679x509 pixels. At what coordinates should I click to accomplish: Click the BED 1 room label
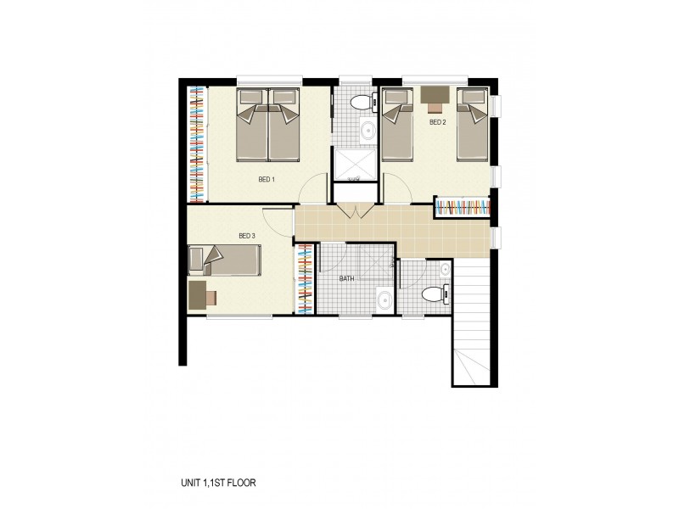(x=267, y=179)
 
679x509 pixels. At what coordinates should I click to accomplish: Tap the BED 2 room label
(x=437, y=122)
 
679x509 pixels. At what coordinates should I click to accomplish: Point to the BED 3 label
(x=247, y=235)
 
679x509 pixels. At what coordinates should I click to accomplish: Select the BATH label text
(x=346, y=277)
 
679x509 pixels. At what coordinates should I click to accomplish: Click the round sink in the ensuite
(x=368, y=131)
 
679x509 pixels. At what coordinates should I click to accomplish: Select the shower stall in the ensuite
(x=356, y=166)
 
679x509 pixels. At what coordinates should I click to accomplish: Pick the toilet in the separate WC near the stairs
(x=434, y=295)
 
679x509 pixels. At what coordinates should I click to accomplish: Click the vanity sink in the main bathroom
(x=384, y=299)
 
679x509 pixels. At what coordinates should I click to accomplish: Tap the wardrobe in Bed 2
(x=463, y=206)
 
